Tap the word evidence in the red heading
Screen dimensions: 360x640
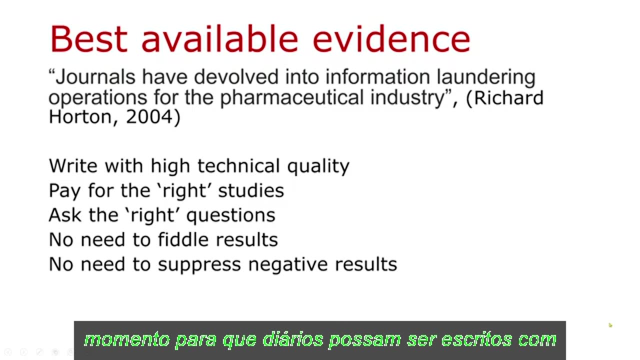click(391, 39)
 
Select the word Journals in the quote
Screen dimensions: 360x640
click(95, 77)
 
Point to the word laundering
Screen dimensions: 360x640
click(486, 77)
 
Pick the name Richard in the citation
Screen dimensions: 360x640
click(508, 97)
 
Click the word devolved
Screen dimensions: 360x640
click(235, 77)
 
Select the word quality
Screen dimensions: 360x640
click(318, 166)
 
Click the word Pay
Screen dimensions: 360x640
click(64, 190)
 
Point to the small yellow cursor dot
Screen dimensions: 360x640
click(610, 325)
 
